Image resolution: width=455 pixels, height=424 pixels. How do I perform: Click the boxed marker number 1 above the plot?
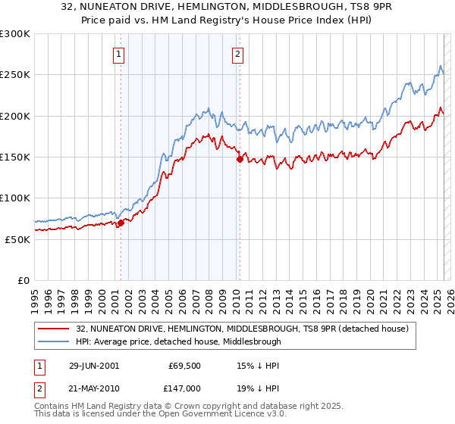[x=120, y=54]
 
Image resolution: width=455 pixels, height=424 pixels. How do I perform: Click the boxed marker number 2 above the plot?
[x=238, y=54]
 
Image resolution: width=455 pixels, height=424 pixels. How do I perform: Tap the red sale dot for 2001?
[x=121, y=223]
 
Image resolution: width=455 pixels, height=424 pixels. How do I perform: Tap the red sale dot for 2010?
[x=240, y=159]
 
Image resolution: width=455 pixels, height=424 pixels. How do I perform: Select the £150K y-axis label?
[x=15, y=157]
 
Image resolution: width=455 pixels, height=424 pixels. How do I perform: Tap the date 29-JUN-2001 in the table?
[x=94, y=365]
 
